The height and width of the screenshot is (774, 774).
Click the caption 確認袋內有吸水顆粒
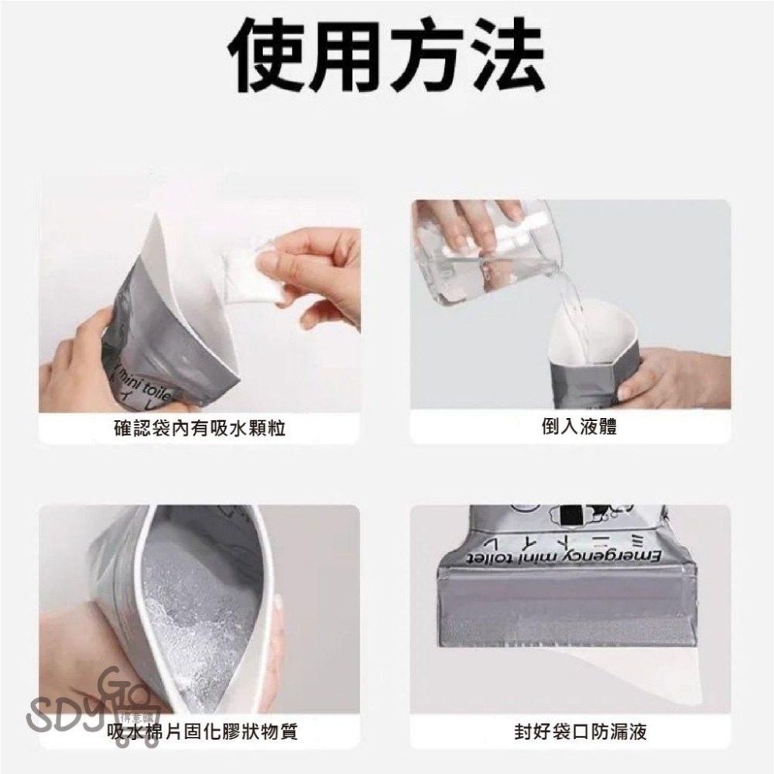coord(198,426)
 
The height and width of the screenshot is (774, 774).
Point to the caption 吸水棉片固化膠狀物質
coord(203,730)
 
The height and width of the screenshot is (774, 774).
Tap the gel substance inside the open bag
coord(201,611)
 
